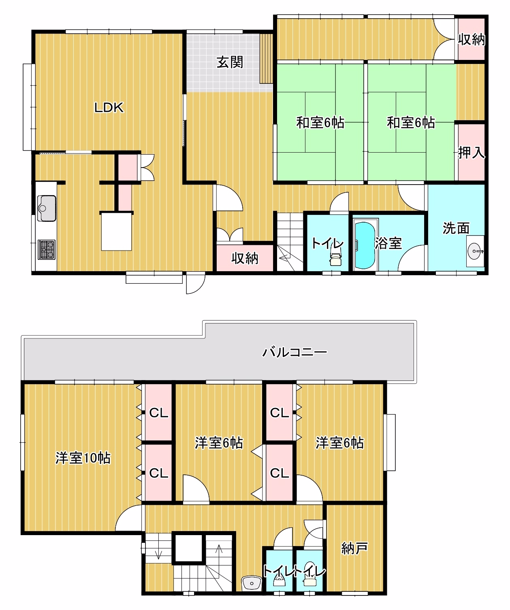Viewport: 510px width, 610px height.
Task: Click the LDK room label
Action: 109,108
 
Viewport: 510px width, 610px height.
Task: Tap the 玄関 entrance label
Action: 230,62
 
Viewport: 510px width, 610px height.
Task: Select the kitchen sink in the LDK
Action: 47,208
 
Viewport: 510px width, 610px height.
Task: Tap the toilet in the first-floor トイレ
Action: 336,258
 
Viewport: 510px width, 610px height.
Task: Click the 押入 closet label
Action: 471,153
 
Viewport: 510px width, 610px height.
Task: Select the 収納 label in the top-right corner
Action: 471,40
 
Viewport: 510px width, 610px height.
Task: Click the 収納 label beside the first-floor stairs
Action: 245,258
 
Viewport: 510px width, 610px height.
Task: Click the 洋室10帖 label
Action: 83,458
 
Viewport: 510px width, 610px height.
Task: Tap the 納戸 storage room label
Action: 354,548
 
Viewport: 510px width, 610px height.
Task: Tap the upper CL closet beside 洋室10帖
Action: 158,413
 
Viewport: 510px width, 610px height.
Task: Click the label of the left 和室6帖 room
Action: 320,122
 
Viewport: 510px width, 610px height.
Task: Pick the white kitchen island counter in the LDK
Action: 116,232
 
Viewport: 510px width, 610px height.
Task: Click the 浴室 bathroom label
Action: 388,243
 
